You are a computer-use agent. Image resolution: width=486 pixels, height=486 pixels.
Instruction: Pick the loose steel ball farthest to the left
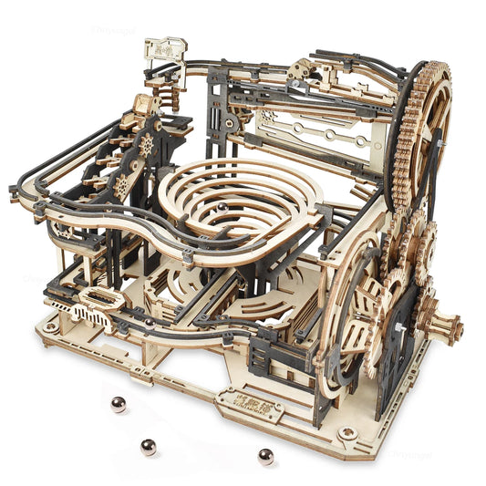[117, 403]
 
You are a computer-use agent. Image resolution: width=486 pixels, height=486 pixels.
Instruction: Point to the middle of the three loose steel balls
[148, 446]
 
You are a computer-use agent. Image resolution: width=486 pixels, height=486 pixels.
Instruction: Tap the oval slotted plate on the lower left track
[98, 297]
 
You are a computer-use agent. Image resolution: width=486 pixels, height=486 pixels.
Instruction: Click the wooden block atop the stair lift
[143, 106]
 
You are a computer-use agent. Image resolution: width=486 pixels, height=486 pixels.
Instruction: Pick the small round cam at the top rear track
[301, 72]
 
